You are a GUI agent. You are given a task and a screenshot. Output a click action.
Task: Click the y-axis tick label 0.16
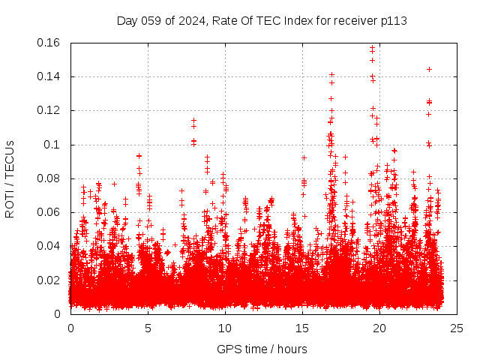point(49,43)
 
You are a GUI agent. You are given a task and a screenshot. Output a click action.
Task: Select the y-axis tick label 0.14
point(49,76)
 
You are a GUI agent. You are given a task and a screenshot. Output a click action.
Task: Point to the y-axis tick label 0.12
point(49,110)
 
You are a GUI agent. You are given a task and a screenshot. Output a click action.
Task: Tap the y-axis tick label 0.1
point(53,145)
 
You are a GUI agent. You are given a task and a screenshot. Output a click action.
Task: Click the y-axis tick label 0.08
point(49,178)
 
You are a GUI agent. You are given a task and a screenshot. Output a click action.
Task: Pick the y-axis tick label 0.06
point(49,212)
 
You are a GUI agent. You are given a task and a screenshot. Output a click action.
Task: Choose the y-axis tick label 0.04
point(49,246)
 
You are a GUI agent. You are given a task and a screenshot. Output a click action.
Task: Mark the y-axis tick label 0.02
point(49,280)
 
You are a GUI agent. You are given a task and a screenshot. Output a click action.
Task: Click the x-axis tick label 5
point(148,328)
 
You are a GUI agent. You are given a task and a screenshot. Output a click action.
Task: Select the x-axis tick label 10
point(226,328)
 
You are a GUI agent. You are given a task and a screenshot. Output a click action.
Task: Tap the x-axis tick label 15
point(303,328)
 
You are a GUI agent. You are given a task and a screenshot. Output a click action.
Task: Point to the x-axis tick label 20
point(380,328)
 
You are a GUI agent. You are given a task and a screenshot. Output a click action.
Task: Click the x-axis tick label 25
point(457,328)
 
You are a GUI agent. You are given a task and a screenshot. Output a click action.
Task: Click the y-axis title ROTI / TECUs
point(10,178)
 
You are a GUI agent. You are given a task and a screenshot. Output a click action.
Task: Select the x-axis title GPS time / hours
point(262,349)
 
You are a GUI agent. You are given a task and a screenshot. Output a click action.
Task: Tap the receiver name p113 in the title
point(394,20)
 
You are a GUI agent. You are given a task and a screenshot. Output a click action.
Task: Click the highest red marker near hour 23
point(429,69)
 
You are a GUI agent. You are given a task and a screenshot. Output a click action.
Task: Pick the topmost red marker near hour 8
point(193,120)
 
